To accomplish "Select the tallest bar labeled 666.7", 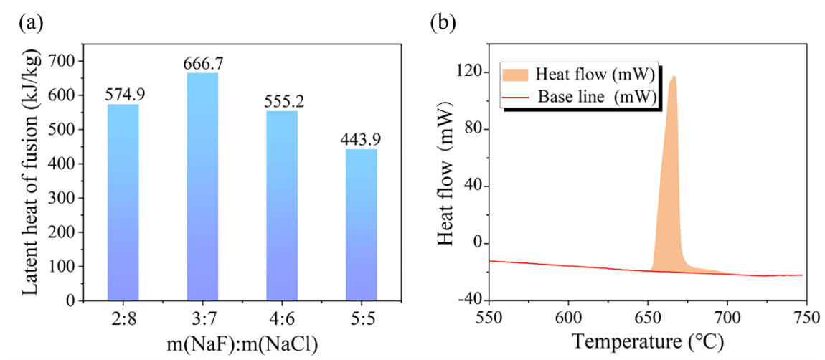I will [x=202, y=186].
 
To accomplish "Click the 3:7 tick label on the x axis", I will [x=202, y=316].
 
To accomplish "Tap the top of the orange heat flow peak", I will [x=674, y=76].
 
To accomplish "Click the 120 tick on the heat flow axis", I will [x=469, y=72].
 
